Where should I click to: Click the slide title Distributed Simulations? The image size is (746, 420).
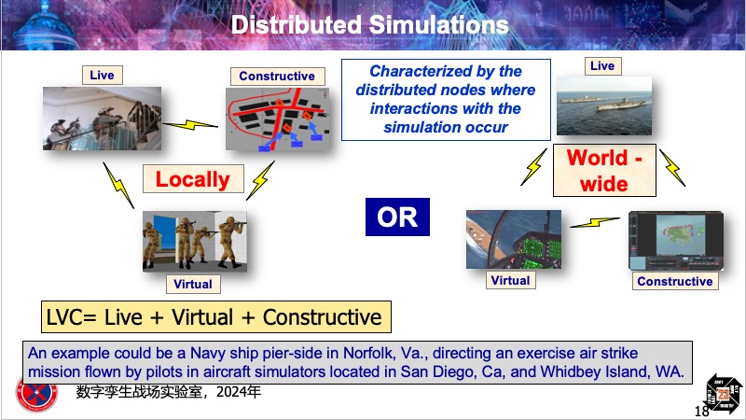coord(369,25)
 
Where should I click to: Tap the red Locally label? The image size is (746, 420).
coord(193,179)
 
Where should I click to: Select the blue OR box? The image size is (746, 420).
coord(397,217)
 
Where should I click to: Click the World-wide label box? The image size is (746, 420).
coord(604,171)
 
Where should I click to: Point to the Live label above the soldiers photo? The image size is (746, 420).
coord(102,76)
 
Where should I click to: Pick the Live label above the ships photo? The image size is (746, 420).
coord(602,65)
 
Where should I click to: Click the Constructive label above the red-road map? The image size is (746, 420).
coord(277,77)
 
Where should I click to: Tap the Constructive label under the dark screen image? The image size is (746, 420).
coord(675,281)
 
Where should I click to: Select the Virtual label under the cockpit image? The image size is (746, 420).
coord(510,280)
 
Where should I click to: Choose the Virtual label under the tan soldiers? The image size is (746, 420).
coord(193,285)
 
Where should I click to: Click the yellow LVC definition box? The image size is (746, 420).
coord(216,317)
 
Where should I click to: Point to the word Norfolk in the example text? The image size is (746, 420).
coord(368,354)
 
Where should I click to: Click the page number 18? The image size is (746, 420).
coord(702,411)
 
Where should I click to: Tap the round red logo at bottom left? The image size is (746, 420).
coord(37,394)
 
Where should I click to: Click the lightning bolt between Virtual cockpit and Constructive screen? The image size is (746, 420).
coord(595,222)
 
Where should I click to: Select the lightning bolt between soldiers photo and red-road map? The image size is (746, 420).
coord(190,125)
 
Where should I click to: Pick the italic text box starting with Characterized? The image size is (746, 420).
coord(446,100)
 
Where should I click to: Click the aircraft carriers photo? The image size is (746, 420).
coord(604,105)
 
